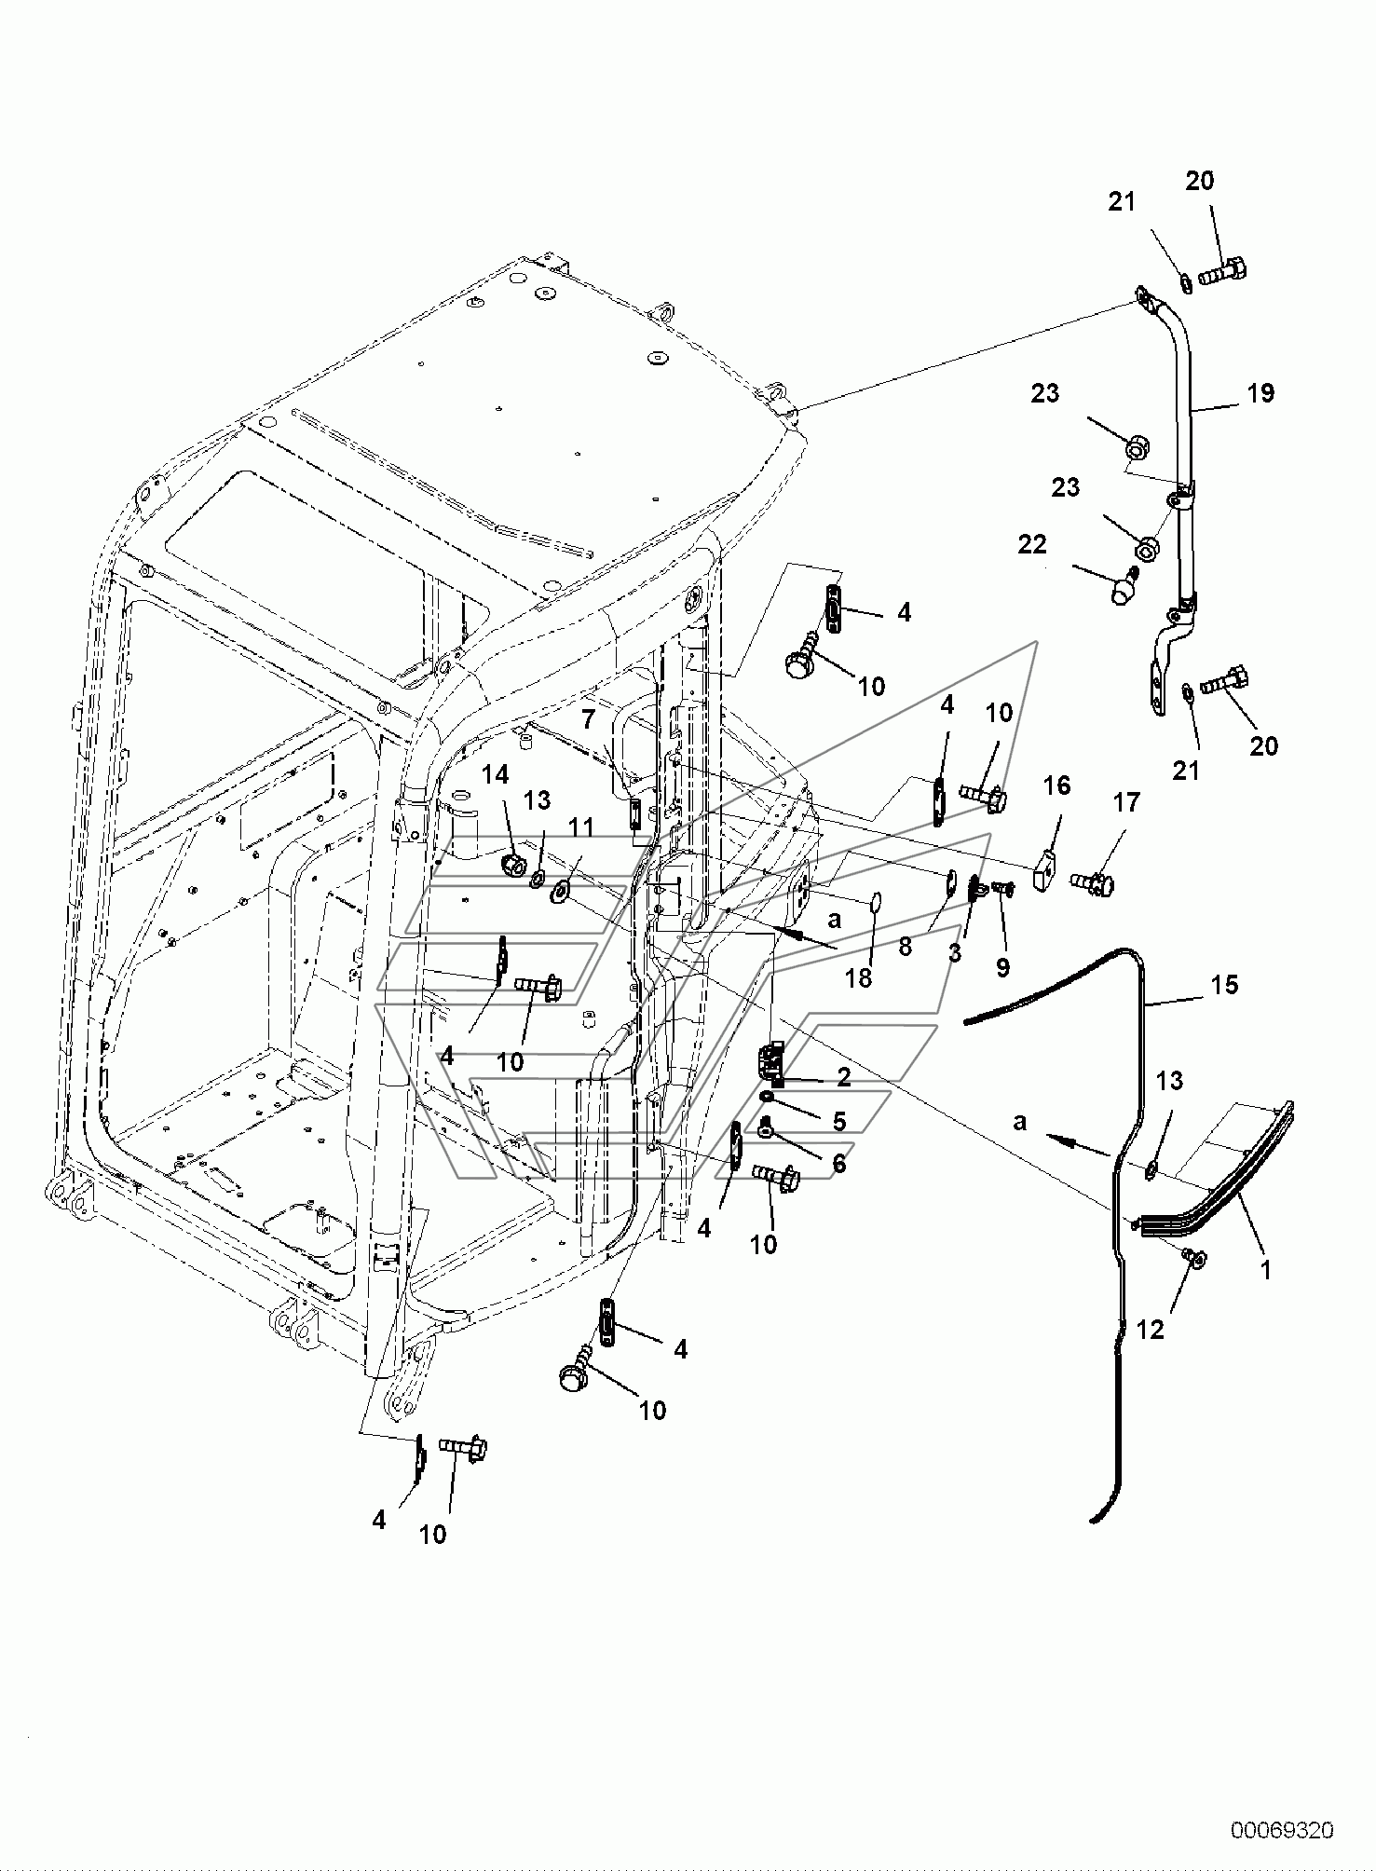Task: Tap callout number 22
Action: click(x=1031, y=544)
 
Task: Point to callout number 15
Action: click(x=1225, y=985)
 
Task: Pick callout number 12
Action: click(x=1151, y=1330)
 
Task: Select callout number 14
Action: click(x=496, y=773)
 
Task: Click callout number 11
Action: click(x=581, y=826)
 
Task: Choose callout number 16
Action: click(x=1056, y=785)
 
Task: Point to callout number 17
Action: click(x=1126, y=802)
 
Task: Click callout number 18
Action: click(x=859, y=978)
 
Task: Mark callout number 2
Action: click(x=843, y=1077)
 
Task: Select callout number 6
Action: click(x=838, y=1164)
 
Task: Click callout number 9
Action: click(x=1002, y=967)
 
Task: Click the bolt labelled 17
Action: click(x=1093, y=881)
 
